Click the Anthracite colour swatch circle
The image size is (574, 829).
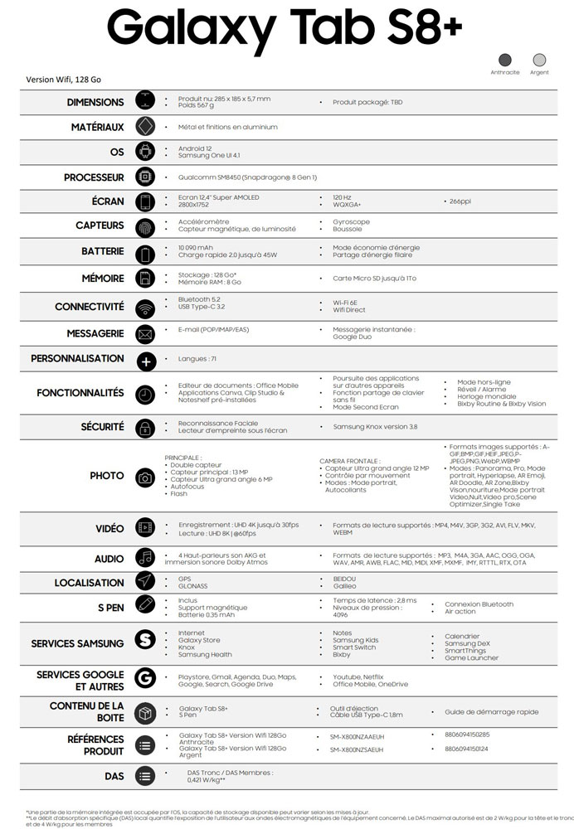point(505,60)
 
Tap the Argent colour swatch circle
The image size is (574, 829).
point(539,60)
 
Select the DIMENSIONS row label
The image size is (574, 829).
point(95,102)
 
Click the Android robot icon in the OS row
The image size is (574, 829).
point(146,152)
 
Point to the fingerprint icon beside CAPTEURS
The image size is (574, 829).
point(146,225)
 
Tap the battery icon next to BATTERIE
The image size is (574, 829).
point(146,253)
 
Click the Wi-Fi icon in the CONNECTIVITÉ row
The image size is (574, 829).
point(146,308)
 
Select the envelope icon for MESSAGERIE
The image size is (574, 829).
point(146,334)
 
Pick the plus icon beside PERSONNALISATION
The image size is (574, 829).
point(146,361)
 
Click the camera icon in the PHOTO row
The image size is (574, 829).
point(145,477)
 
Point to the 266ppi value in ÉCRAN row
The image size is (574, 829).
point(460,201)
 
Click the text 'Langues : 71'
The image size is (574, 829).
point(197,359)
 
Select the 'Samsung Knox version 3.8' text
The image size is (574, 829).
point(375,426)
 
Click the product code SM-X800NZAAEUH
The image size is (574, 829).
point(358,736)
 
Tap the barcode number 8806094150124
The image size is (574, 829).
point(467,749)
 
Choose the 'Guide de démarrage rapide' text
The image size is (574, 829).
point(491,712)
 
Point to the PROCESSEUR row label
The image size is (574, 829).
point(94,177)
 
